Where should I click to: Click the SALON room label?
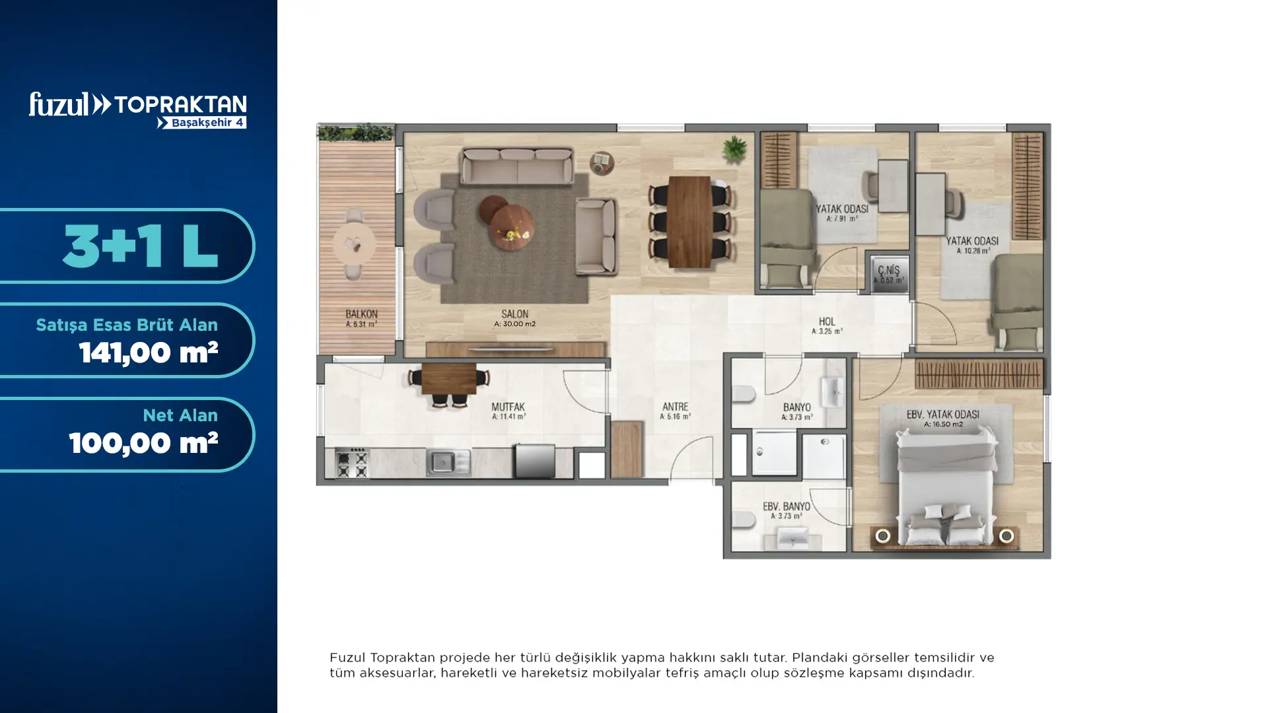pyautogui.click(x=514, y=314)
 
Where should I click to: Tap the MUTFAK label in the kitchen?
pyautogui.click(x=508, y=407)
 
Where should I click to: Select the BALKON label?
pyautogui.click(x=361, y=314)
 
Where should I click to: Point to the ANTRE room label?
pyautogui.click(x=675, y=407)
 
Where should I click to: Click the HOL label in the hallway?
pyautogui.click(x=827, y=322)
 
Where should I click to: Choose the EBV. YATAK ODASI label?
pyautogui.click(x=942, y=415)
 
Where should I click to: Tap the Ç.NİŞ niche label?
pyautogui.click(x=888, y=270)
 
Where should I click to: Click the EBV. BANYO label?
pyautogui.click(x=786, y=506)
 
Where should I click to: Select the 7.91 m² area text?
pyautogui.click(x=842, y=219)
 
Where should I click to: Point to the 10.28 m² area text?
pyautogui.click(x=973, y=251)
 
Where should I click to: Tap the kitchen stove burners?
pyautogui.click(x=352, y=462)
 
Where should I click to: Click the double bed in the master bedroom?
pyautogui.click(x=945, y=486)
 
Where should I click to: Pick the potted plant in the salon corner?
pyautogui.click(x=734, y=149)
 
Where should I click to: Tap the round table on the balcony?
pyautogui.click(x=354, y=245)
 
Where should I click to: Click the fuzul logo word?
pyautogui.click(x=59, y=104)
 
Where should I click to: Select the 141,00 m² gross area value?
pyautogui.click(x=149, y=353)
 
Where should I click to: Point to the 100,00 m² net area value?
pyautogui.click(x=143, y=443)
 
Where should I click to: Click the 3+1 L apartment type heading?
pyautogui.click(x=140, y=246)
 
